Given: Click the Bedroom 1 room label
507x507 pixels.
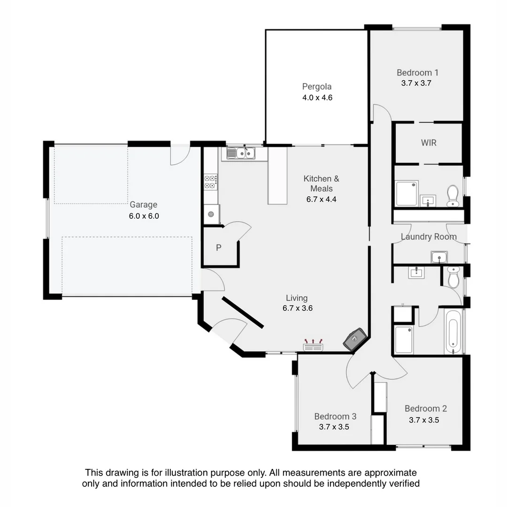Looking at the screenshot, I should pyautogui.click(x=417, y=72).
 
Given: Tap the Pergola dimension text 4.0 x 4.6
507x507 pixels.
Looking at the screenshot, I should pyautogui.click(x=317, y=98).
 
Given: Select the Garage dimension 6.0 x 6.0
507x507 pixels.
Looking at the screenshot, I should pyautogui.click(x=144, y=216).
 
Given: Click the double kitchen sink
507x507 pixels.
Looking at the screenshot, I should pyautogui.click(x=241, y=153).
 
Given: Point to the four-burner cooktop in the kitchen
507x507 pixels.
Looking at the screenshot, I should pyautogui.click(x=210, y=182).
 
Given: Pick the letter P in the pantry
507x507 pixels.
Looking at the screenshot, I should pyautogui.click(x=218, y=248).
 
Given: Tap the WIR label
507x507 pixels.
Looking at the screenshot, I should pyautogui.click(x=428, y=142).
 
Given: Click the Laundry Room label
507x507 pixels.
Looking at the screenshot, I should pyautogui.click(x=428, y=237).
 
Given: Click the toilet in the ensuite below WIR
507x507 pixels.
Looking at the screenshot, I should pyautogui.click(x=453, y=195).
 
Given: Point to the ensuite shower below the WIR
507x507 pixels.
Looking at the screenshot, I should pyautogui.click(x=406, y=193).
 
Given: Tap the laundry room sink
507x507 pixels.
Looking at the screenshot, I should pyautogui.click(x=439, y=257).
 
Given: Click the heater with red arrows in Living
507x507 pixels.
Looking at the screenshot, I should pyautogui.click(x=313, y=346).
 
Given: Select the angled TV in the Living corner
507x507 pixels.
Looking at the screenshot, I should pyautogui.click(x=355, y=338).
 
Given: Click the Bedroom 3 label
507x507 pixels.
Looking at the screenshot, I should pyautogui.click(x=335, y=416).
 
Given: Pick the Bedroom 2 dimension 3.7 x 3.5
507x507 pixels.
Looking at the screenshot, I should pyautogui.click(x=423, y=420).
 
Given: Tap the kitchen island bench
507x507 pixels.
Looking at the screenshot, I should pyautogui.click(x=277, y=176).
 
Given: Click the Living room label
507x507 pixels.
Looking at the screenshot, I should pyautogui.click(x=297, y=298).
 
